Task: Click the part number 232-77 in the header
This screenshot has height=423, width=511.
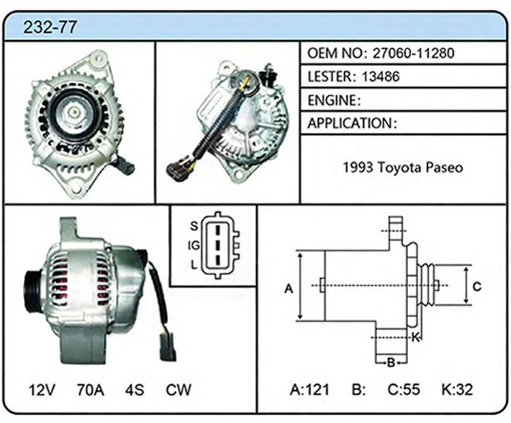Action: tap(50, 27)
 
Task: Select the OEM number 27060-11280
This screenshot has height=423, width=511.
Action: tap(414, 53)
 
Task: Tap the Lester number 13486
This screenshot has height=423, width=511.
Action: tap(380, 76)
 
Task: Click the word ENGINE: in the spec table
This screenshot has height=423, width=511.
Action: tap(334, 100)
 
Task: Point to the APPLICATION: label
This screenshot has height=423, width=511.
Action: tap(352, 123)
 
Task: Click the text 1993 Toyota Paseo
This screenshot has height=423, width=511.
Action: tap(403, 168)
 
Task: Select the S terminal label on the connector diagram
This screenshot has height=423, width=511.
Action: tap(194, 226)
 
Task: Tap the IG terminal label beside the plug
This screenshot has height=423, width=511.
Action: tap(193, 245)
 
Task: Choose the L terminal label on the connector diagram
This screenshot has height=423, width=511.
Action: tap(194, 265)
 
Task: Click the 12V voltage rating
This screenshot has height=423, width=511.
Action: tap(42, 390)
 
